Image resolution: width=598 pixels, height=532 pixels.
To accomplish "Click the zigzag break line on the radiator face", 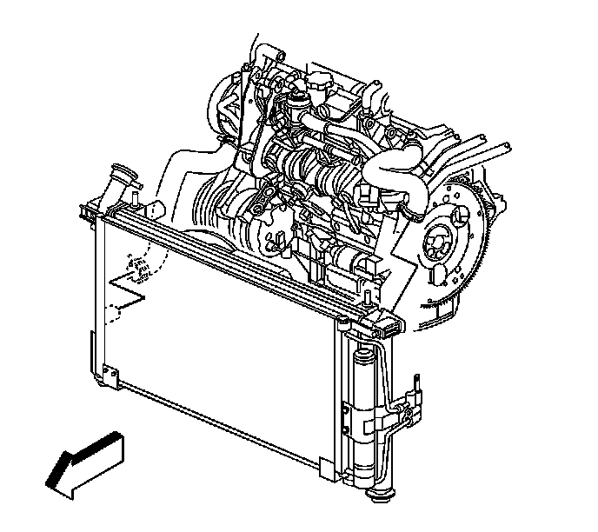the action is [x=126, y=292].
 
